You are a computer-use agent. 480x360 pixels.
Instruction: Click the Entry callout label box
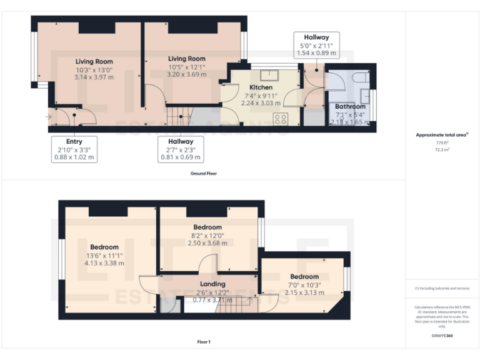point(74,149)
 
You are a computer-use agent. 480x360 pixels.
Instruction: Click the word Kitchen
point(261,87)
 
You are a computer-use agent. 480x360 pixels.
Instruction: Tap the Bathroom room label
point(350,107)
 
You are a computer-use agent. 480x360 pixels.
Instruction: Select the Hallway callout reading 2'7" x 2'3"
point(180,149)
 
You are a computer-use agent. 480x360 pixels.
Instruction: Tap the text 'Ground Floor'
point(203,173)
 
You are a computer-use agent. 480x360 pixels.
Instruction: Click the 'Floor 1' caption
point(203,342)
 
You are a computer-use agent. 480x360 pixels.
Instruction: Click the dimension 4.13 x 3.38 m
point(104,263)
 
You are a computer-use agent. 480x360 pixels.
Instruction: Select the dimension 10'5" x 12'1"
point(187,67)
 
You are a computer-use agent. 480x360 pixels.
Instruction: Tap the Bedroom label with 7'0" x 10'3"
point(304,277)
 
